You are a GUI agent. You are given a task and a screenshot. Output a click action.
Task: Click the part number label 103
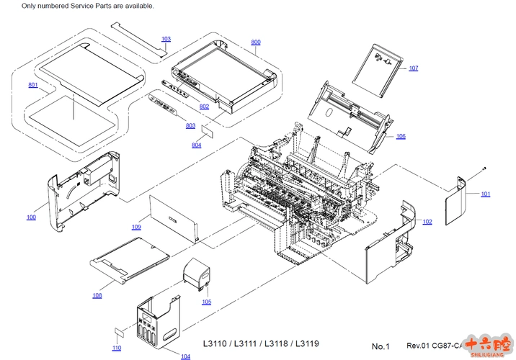click(166, 39)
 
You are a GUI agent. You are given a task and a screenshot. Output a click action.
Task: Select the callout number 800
click(256, 42)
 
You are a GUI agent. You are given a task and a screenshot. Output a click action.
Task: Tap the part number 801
click(33, 85)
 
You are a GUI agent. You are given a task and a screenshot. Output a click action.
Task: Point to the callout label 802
click(205, 107)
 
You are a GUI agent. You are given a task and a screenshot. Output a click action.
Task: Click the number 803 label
click(190, 126)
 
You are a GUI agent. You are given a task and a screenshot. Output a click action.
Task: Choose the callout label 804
click(197, 145)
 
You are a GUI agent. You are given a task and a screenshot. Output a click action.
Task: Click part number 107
click(413, 68)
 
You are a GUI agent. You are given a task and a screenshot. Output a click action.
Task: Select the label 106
click(401, 136)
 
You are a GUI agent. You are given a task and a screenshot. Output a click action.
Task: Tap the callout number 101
click(486, 194)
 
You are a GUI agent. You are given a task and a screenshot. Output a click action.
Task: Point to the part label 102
click(427, 222)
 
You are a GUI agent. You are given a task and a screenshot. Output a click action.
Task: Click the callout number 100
click(31, 217)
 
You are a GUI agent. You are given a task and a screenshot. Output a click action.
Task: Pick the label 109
click(136, 227)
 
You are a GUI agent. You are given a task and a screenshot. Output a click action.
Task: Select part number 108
click(97, 295)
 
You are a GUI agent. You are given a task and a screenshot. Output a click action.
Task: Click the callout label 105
click(207, 302)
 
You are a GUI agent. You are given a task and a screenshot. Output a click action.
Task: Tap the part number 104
click(185, 356)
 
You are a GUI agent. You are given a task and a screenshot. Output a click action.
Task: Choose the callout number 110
click(117, 348)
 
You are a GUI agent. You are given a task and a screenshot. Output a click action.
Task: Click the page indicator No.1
click(381, 346)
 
